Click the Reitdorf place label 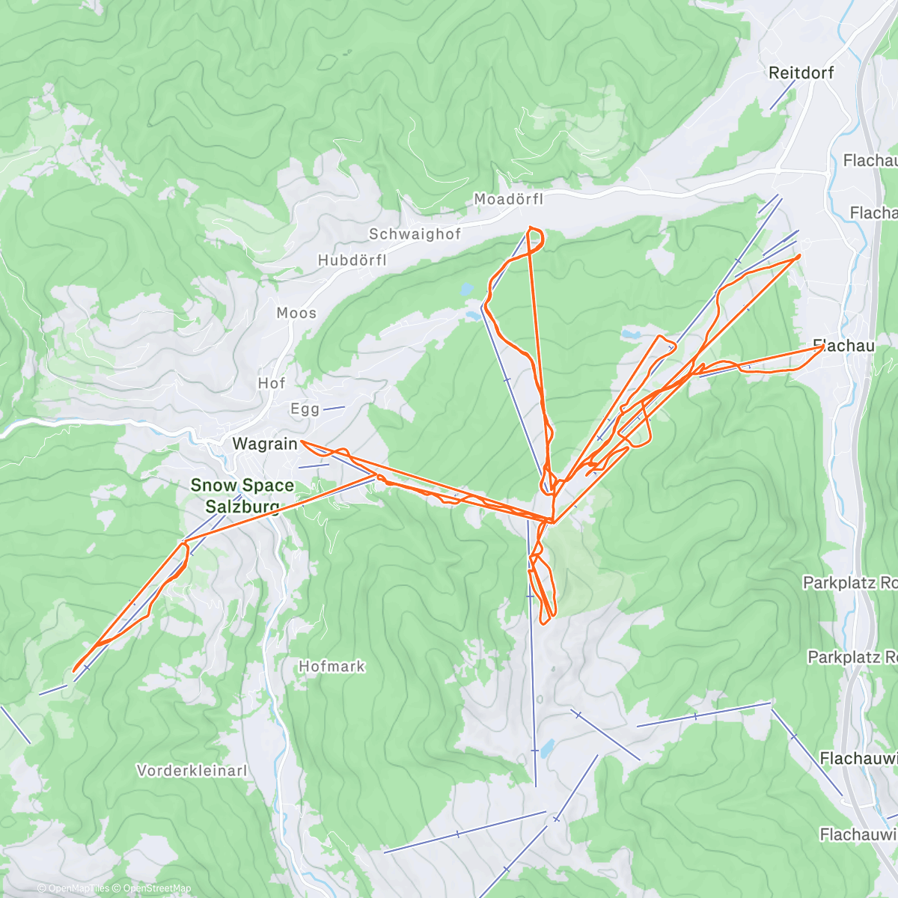[801, 73]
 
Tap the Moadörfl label [508, 199]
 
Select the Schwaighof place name [415, 234]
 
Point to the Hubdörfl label [352, 260]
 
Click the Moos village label [296, 313]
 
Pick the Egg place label [305, 409]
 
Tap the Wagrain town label [264, 444]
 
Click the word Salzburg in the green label [242, 507]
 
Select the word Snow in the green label [213, 486]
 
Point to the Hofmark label [332, 666]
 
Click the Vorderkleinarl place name [192, 770]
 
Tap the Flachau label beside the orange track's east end [844, 346]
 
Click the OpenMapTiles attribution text [78, 889]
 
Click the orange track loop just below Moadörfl [536, 238]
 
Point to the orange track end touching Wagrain [302, 443]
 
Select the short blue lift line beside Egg [334, 408]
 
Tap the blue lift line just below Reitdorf [783, 95]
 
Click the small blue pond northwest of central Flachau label [629, 334]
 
